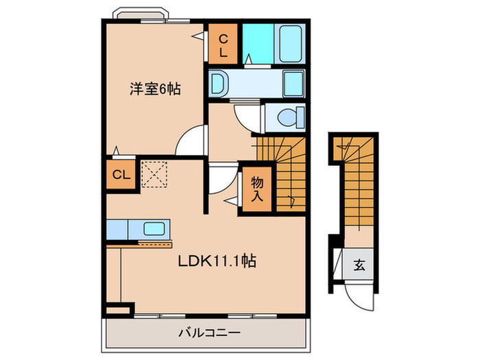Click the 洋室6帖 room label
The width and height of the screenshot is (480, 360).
coord(156,90)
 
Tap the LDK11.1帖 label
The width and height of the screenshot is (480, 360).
coord(217,262)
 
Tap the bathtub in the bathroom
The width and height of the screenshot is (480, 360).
coord(293,43)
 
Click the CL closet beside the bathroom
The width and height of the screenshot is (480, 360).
coord(224,45)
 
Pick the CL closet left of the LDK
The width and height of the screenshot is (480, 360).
coord(121,174)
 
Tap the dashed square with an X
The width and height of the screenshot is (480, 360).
coord(154,174)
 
